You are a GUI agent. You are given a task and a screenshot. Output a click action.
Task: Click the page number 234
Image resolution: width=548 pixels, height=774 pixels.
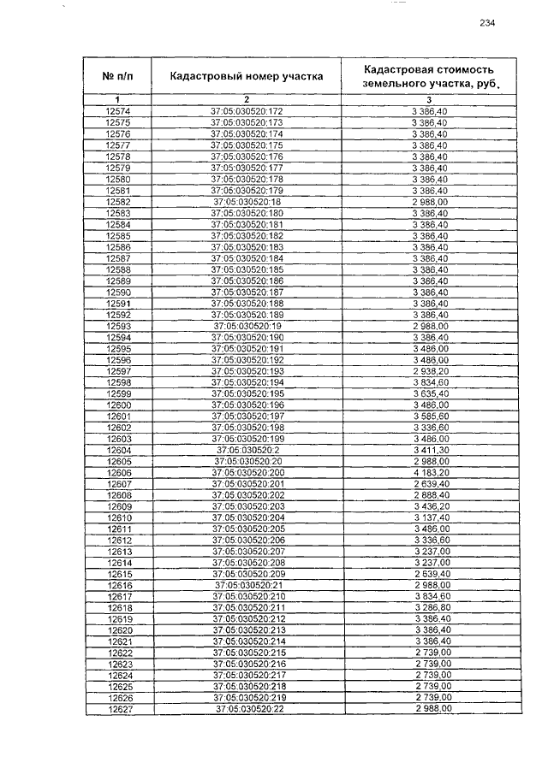pos(487,23)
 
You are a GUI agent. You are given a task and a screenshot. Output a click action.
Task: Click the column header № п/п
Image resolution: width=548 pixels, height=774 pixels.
pos(117,75)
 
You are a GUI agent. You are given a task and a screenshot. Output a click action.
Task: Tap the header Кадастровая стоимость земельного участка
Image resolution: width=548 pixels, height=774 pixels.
pos(430,75)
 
